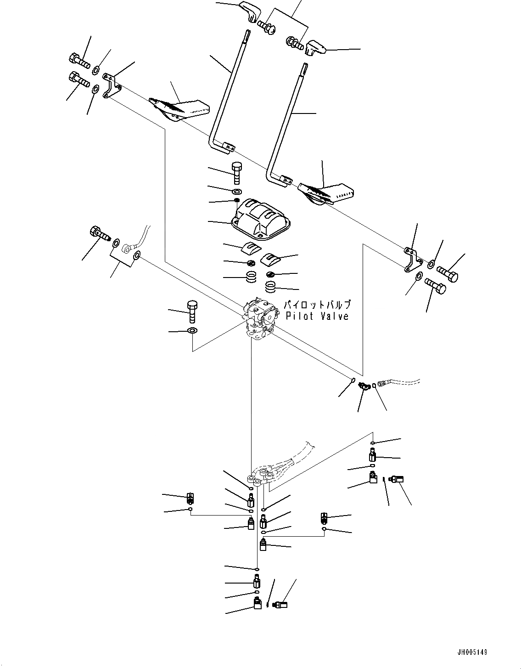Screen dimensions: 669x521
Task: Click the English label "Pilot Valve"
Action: (317, 316)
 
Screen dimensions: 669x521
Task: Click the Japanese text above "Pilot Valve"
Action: (317, 305)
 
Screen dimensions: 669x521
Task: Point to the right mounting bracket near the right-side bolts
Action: (412, 260)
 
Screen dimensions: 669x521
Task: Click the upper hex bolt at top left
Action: (79, 59)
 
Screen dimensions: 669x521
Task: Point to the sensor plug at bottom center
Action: (280, 604)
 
